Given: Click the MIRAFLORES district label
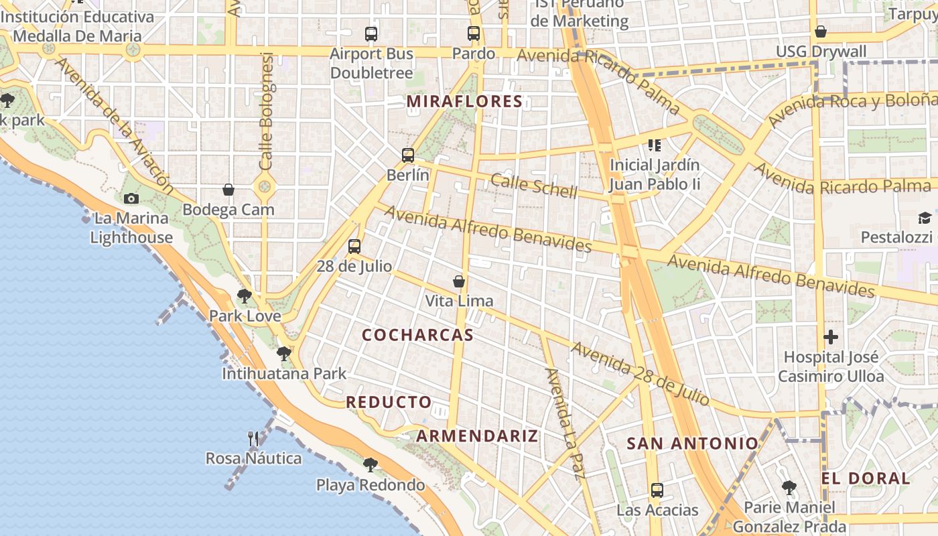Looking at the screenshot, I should coord(464,102).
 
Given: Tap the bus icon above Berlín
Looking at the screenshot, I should coord(408,155).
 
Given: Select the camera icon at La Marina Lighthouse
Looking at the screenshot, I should coord(131,198).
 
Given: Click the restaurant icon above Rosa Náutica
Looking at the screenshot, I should coord(253,439).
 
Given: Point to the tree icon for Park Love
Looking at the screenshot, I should coord(245,296).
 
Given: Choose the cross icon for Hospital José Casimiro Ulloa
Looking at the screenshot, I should coord(831,336).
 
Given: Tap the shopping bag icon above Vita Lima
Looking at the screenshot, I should coord(459,281).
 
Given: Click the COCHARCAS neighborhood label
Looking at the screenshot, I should coord(417,335).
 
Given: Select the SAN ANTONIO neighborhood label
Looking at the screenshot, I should coord(692,443).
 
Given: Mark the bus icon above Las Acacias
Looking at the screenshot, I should coord(657,490).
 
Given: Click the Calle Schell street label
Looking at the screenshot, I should coord(533,186).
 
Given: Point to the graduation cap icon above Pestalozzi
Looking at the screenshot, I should coord(925,218).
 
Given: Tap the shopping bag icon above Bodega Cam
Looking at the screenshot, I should coord(228,190).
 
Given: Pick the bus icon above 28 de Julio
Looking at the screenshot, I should coord(354,247).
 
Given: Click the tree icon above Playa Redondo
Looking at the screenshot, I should coord(370,464).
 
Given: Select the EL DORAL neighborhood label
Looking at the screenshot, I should coord(866,478).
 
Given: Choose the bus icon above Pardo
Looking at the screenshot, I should coord(474,33).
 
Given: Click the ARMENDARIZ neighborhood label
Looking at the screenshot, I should coord(476,436).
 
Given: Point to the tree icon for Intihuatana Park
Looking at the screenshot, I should coord(284,353).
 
